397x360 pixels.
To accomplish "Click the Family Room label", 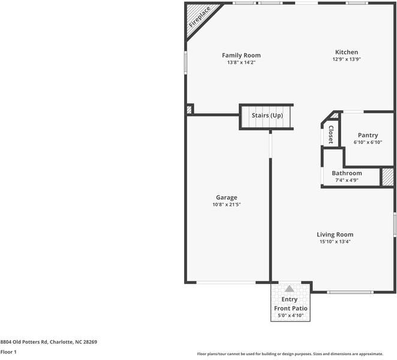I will pos(241,55).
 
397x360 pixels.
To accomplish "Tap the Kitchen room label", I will pos(347,52).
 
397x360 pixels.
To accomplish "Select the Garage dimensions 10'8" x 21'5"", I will pos(227,205).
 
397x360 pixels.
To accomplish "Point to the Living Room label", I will pos(335,235).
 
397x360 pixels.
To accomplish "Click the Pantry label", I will pos(368,135).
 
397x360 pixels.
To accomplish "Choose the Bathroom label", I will pos(347,173).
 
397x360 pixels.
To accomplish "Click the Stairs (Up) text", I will pos(267,115).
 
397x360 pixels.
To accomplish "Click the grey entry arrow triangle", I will pos(290,289).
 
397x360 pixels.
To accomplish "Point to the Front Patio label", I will pos(291,308).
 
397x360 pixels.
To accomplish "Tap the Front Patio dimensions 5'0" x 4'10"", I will pos(291,315).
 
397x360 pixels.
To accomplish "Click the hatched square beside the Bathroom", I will pos(388,178).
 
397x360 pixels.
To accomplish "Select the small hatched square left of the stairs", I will pos(190,109).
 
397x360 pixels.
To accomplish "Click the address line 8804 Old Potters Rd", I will pos(49,341).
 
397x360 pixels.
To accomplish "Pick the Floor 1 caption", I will pos(8,352).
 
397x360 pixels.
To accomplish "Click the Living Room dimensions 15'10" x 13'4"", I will pos(335,242).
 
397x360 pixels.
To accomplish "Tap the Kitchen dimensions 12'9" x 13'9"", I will pos(347,59).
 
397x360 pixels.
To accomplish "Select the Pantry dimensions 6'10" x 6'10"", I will pos(368,142).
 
